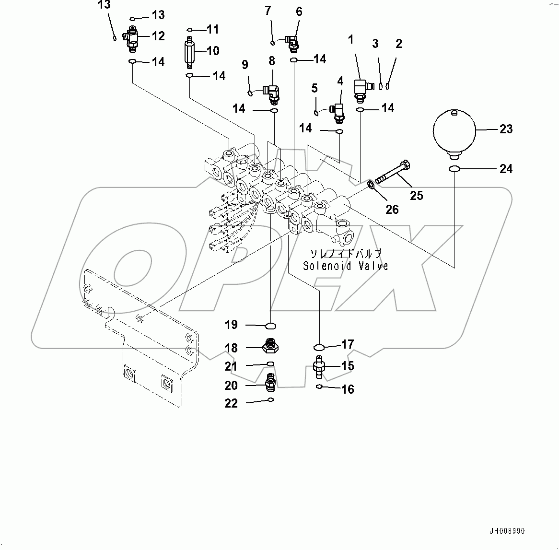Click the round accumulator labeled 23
454,130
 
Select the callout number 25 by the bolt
417,195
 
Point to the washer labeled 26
371,185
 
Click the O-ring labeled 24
454,169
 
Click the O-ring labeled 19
271,326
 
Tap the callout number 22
231,403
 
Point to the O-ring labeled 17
319,347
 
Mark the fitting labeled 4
338,110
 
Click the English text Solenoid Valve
345,266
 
